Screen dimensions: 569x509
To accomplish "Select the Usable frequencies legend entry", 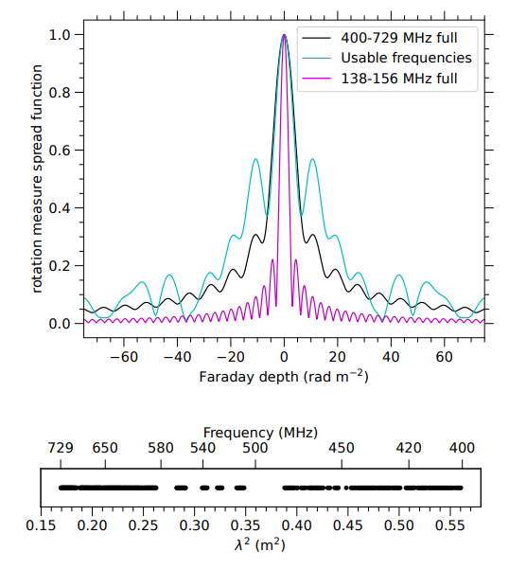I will pyautogui.click(x=406, y=58).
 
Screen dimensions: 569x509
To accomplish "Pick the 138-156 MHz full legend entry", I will pyautogui.click(x=398, y=79).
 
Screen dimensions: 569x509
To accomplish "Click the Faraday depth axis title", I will pyautogui.click(x=284, y=377).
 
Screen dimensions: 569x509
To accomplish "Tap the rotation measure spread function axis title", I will pyautogui.click(x=37, y=177).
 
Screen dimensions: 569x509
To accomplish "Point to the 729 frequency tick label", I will pyautogui.click(x=61, y=448).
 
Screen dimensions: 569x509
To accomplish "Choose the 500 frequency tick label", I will pyautogui.click(x=255, y=448).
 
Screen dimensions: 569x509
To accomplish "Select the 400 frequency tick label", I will pyautogui.click(x=462, y=448).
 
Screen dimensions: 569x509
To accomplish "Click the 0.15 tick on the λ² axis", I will pyautogui.click(x=40, y=523).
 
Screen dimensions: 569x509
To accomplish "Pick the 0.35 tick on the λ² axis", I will pyautogui.click(x=245, y=523).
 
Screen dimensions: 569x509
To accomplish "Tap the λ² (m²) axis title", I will pyautogui.click(x=260, y=544).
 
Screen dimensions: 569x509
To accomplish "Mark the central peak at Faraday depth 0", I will pyautogui.click(x=284, y=35).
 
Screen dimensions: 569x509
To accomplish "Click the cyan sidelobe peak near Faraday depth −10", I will pyautogui.click(x=256, y=159).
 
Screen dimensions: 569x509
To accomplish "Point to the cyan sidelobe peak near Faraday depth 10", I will pyautogui.click(x=311, y=159).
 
